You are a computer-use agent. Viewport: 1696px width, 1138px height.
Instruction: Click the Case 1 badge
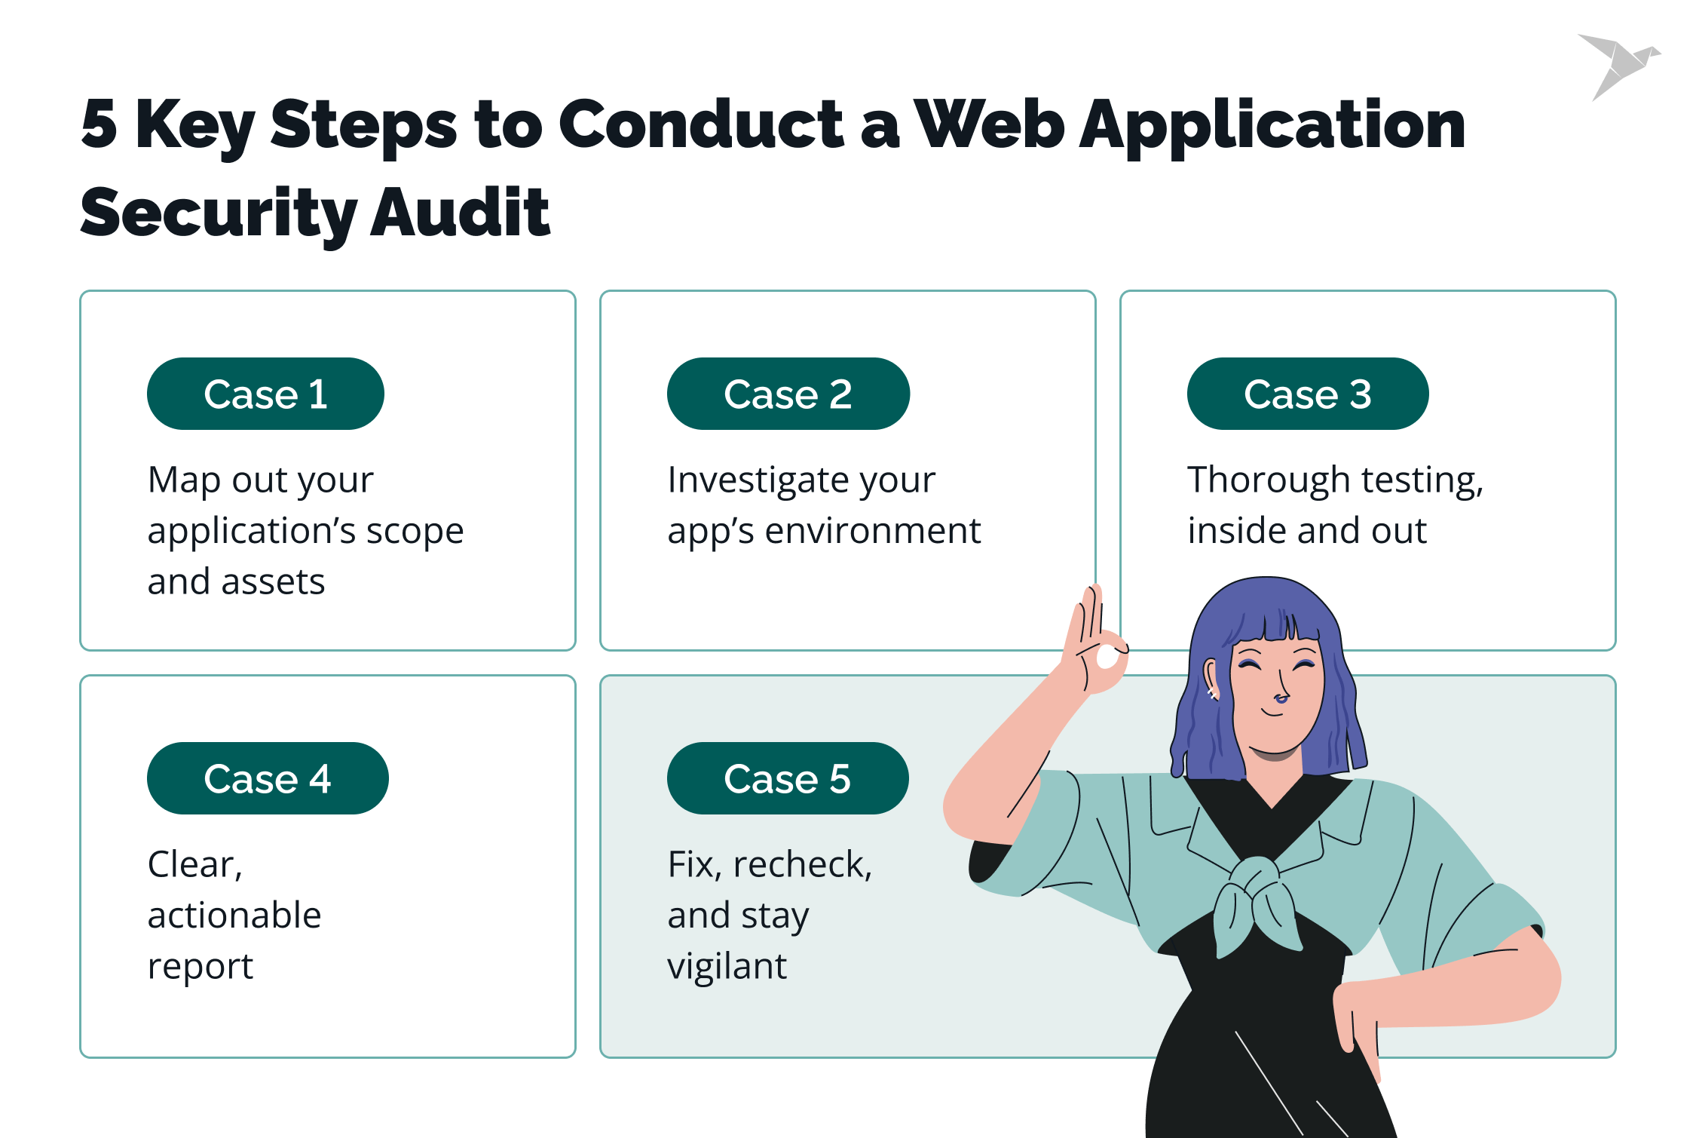point(265,394)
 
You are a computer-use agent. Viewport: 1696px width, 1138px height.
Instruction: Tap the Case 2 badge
point(788,394)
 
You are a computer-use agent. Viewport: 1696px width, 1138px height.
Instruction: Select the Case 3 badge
point(1307,394)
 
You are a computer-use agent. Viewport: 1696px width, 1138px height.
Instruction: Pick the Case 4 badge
point(268,778)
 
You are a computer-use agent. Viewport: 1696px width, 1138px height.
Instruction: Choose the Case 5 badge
point(787,778)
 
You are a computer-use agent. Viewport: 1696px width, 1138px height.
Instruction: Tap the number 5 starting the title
point(99,124)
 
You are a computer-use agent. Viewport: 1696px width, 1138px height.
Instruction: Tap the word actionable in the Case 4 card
point(234,916)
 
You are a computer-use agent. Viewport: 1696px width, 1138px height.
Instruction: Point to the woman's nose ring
point(1280,700)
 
